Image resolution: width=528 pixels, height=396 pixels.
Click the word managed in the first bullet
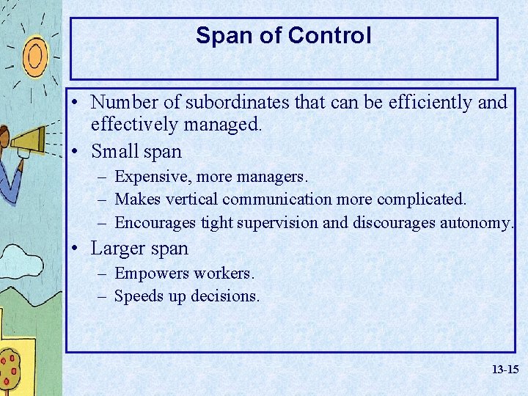pos(219,125)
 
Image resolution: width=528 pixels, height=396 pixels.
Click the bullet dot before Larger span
pos(78,249)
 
